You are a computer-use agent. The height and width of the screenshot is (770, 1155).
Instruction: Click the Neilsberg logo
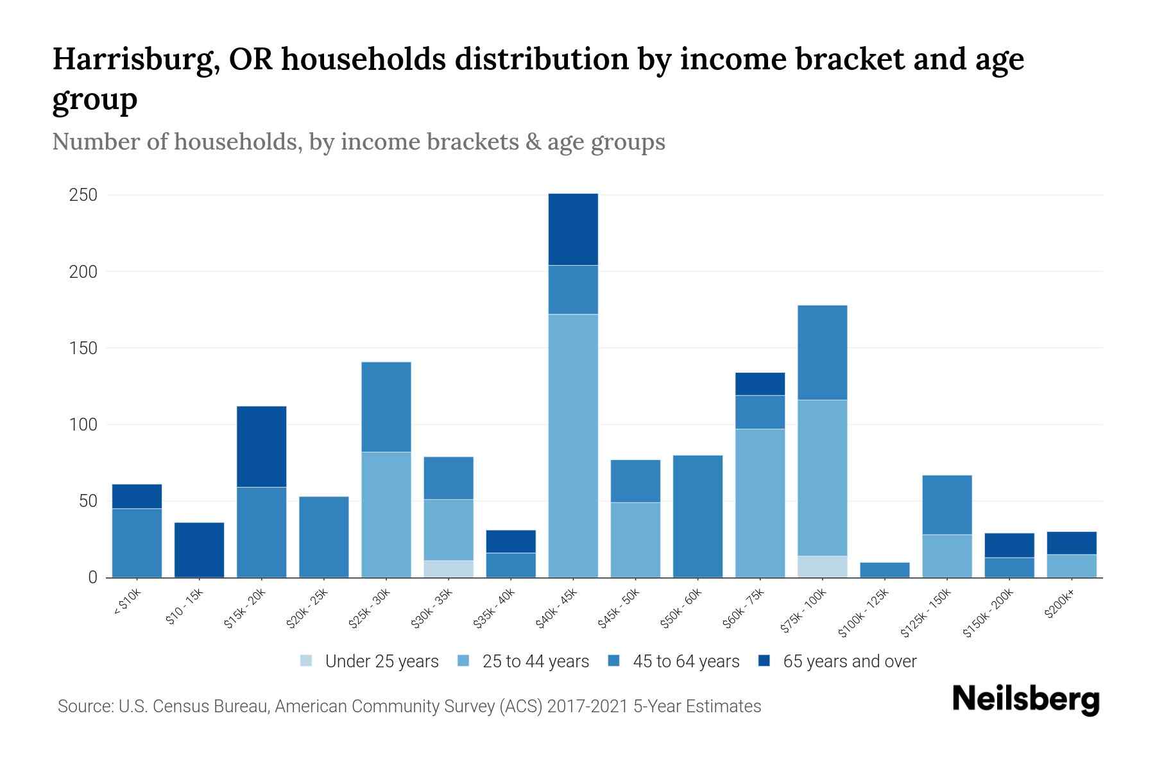[1025, 699]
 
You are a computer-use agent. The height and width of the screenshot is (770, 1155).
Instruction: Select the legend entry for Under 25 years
[369, 662]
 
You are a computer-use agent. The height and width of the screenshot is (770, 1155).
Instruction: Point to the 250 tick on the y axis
[83, 195]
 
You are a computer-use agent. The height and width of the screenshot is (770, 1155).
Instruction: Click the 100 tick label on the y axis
[83, 425]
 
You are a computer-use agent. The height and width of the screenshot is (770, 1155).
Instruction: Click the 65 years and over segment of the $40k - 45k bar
[573, 229]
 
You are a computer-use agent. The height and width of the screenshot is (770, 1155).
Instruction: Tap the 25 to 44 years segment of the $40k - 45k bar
[573, 445]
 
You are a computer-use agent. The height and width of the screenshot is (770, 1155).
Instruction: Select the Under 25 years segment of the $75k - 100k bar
[822, 567]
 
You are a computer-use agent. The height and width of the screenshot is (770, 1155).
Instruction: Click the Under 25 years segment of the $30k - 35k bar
[449, 569]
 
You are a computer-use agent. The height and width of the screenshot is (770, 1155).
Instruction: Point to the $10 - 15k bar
[200, 550]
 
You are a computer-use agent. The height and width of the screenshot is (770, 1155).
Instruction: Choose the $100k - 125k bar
[884, 570]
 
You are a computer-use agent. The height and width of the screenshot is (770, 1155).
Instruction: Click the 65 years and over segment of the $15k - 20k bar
[262, 447]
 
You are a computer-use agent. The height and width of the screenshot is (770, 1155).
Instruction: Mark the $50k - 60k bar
[697, 516]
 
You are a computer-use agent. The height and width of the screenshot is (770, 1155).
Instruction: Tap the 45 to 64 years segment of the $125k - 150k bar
[946, 504]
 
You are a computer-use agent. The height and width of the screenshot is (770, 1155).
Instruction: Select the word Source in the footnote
[83, 706]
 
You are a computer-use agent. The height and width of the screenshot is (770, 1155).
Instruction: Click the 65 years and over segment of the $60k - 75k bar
[760, 384]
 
